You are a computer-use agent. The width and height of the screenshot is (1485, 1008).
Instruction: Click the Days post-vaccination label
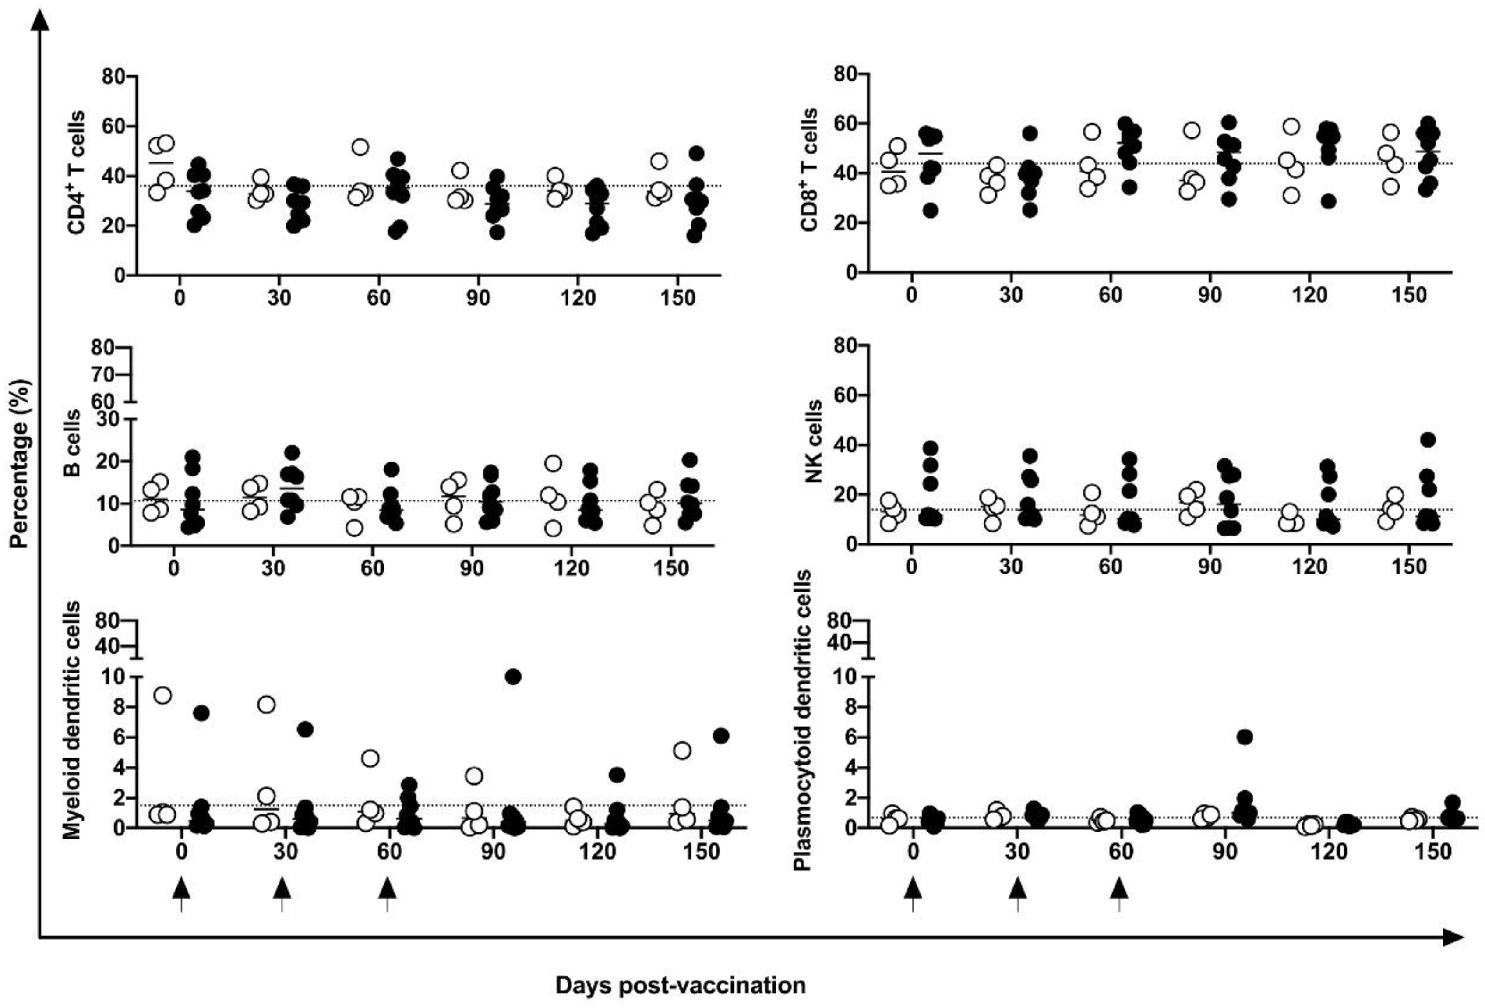(x=680, y=985)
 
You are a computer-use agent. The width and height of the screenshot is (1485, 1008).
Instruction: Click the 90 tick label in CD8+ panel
(x=1210, y=295)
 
